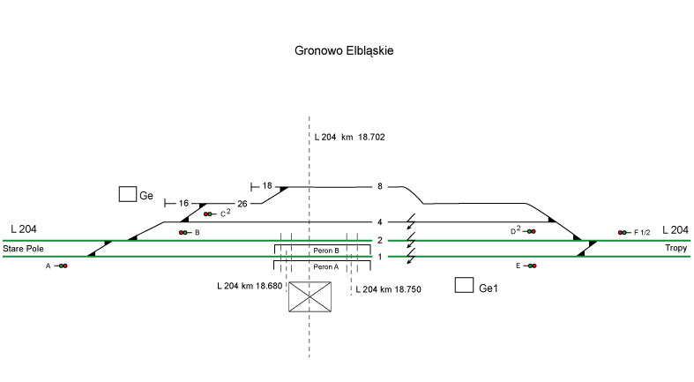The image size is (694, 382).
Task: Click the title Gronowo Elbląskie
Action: [343, 51]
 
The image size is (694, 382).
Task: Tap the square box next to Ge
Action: [127, 194]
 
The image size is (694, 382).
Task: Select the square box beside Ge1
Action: [463, 285]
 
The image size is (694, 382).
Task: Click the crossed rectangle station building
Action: [310, 296]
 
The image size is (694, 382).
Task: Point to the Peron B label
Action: [326, 251]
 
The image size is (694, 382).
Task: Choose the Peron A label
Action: [326, 266]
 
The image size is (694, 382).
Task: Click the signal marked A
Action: [63, 266]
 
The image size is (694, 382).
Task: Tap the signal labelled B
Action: [183, 232]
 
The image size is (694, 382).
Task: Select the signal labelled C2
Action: [208, 213]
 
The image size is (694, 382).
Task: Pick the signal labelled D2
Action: [531, 231]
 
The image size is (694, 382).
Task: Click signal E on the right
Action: [531, 266]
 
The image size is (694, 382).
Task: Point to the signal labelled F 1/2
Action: [623, 232]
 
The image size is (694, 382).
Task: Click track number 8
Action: [380, 186]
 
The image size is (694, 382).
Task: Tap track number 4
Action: [380, 222]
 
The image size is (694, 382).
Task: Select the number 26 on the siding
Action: [243, 204]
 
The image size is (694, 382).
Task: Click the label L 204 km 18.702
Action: [350, 138]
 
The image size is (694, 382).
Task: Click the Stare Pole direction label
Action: [22, 250]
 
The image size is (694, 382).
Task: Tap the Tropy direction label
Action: [676, 250]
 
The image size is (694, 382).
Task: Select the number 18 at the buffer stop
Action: [267, 186]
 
